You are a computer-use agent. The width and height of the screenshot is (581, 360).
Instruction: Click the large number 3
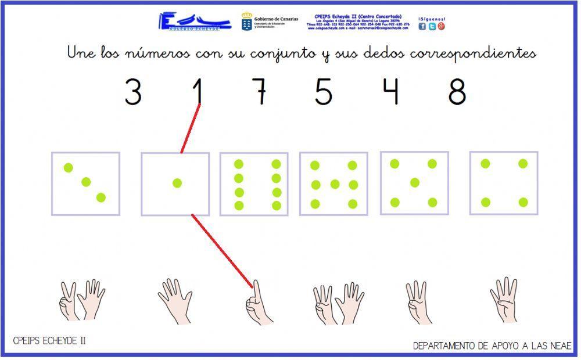133,92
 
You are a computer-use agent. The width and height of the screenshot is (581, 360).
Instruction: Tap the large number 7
260,92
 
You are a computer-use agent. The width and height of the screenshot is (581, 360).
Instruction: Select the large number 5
324,92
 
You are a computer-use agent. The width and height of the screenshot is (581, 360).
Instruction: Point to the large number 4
392,92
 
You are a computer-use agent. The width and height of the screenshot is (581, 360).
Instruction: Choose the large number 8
457,92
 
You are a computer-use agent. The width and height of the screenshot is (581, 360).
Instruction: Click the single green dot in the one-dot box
177,183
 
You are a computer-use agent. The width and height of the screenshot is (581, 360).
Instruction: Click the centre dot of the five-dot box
414,182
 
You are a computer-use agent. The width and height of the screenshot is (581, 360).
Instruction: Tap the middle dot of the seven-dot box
335,184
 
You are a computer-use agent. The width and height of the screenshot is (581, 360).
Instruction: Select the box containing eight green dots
257,184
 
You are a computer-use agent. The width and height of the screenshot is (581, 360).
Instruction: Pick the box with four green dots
504,183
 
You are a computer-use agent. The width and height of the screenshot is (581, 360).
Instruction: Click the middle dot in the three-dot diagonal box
86,182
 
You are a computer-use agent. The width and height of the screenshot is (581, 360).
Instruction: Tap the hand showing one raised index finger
256,303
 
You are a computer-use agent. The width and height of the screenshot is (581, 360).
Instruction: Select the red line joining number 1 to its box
191,128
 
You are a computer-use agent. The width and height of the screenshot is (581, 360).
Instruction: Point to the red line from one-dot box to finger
223,250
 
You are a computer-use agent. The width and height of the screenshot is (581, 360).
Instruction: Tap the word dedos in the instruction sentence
384,53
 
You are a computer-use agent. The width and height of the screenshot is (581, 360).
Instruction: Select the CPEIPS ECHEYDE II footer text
49,341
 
